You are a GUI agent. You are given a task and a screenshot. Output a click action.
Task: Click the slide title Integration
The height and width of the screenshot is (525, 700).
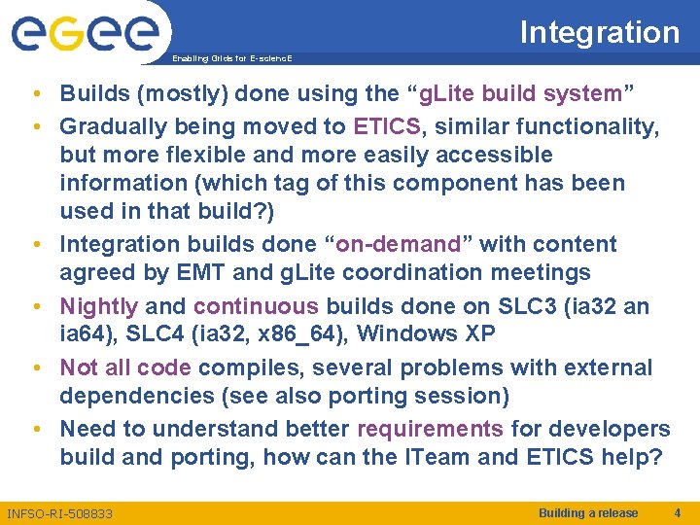pyautogui.click(x=599, y=32)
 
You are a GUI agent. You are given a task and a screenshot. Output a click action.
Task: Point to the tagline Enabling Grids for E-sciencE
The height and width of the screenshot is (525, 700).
pyautogui.click(x=231, y=58)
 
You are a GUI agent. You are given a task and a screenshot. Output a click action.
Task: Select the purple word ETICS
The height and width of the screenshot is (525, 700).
pyautogui.click(x=387, y=126)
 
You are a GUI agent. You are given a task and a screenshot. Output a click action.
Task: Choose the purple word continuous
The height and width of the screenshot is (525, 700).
pyautogui.click(x=256, y=306)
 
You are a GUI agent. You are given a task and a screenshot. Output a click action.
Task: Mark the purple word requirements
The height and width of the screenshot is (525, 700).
pyautogui.click(x=430, y=429)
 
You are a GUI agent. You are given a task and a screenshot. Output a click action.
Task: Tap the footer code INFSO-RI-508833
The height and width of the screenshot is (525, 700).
pyautogui.click(x=59, y=513)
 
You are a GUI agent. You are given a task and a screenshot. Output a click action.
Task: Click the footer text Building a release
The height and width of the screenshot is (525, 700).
pyautogui.click(x=588, y=513)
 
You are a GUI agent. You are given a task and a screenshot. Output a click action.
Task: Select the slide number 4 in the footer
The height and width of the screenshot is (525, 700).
pyautogui.click(x=678, y=513)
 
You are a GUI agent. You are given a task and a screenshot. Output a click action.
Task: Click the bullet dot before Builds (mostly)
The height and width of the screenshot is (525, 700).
pyautogui.click(x=35, y=94)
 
